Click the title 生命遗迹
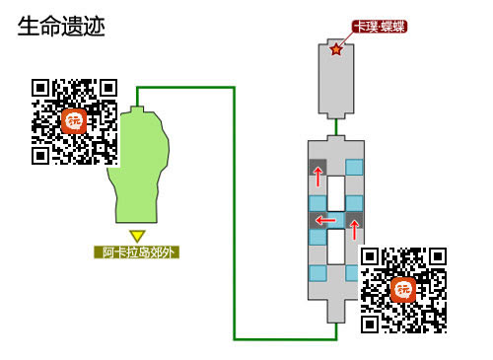point(61,26)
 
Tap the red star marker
point(337,49)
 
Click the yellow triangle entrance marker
point(138,236)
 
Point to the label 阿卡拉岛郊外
point(138,252)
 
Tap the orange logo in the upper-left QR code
point(74,120)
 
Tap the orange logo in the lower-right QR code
point(403,290)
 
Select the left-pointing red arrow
point(325,219)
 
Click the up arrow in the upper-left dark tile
point(318,175)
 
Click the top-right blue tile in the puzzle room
point(354,167)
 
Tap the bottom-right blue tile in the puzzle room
point(354,272)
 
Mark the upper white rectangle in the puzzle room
point(336,191)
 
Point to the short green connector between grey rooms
point(336,127)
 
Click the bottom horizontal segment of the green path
point(286,338)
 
